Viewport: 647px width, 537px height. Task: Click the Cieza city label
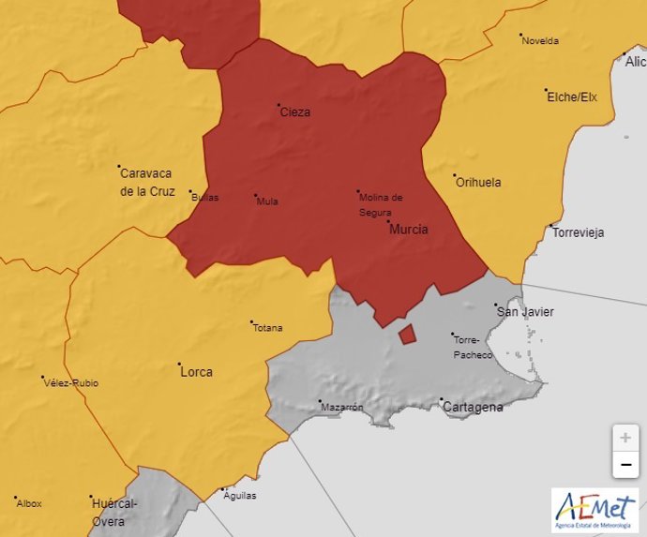coord(294,112)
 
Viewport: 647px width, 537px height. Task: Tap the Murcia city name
coord(408,230)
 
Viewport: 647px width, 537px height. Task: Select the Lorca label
coord(195,372)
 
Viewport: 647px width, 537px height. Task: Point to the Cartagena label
coord(473,408)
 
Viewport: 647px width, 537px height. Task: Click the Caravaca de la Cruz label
coord(147,182)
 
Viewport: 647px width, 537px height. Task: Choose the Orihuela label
coord(478,183)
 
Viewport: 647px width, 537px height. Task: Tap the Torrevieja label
coord(578,232)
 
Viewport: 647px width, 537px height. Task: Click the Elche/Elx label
coord(572,97)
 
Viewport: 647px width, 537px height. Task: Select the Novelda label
coord(540,41)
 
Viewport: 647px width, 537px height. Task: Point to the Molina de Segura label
coord(380,204)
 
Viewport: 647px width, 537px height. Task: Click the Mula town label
coord(267,201)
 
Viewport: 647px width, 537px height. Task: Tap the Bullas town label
coord(204,198)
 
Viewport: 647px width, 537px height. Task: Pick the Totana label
coord(267,328)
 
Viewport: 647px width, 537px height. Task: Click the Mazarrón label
coord(341,408)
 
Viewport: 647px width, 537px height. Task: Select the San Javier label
coord(525,312)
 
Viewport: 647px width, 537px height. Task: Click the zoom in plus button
coord(625,438)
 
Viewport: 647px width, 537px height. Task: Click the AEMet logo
coord(594,511)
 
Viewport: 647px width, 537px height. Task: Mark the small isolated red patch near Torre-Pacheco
coord(407,335)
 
